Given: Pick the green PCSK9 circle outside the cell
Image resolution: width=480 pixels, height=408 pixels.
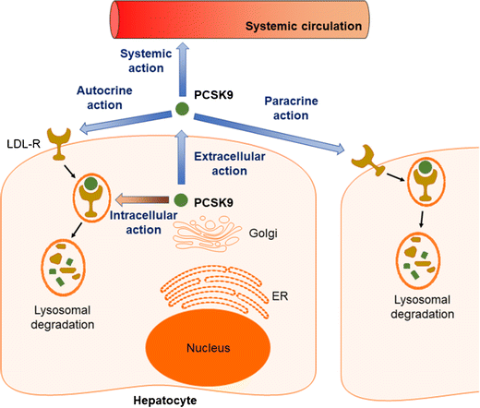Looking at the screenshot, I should point(183,111).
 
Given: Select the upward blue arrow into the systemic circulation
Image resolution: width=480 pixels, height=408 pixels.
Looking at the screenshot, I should point(183,75).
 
